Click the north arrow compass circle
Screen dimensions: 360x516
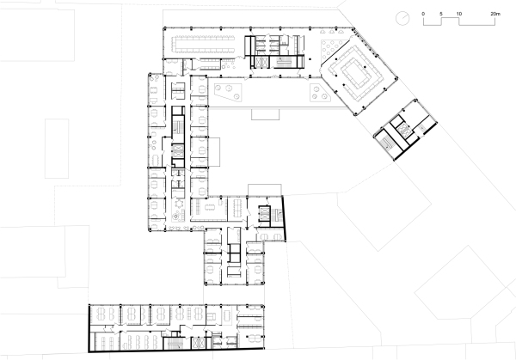click(x=402, y=17)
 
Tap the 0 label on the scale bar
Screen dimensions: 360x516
click(x=422, y=15)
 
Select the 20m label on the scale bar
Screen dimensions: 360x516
click(x=495, y=15)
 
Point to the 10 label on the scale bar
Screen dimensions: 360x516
click(x=459, y=15)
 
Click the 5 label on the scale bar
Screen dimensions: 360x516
click(x=440, y=15)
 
